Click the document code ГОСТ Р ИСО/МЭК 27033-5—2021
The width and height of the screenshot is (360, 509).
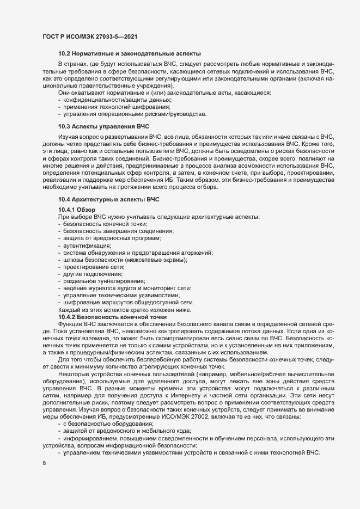89,36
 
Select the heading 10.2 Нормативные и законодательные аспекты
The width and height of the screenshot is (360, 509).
130,54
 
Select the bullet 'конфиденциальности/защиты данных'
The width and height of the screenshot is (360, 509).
126,100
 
